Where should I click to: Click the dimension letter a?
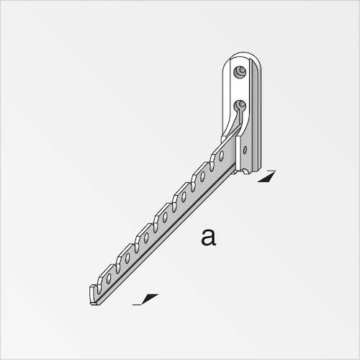tap(209, 238)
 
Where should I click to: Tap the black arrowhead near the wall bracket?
tap(267, 178)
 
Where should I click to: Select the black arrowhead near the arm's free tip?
tap(150, 299)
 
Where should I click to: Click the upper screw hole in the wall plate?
tap(240, 72)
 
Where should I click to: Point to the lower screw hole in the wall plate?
tap(240, 106)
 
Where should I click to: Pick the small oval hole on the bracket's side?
tap(245, 150)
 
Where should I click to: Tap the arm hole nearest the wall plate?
tap(222, 156)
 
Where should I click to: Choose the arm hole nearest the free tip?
tap(109, 278)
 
